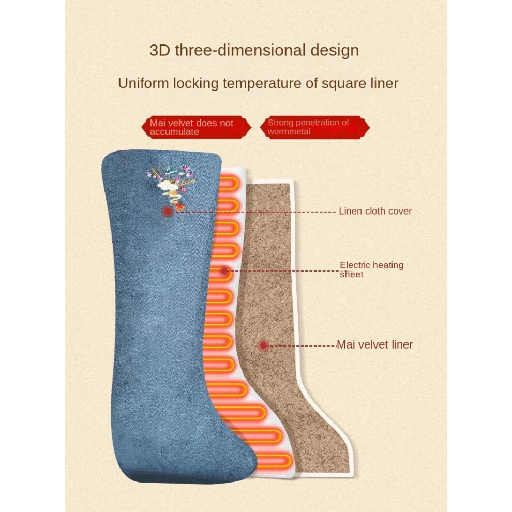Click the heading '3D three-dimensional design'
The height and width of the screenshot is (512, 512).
[x=254, y=50]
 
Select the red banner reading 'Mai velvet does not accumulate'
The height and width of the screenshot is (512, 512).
[x=196, y=127]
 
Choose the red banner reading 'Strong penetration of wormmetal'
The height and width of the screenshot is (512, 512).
[x=315, y=127]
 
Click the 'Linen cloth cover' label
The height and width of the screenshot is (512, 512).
[x=375, y=211]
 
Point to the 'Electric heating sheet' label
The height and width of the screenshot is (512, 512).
[x=372, y=269]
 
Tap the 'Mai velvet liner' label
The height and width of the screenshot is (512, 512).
[x=374, y=344]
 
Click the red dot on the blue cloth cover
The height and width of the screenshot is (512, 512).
[x=168, y=212]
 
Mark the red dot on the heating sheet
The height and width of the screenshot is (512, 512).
[x=224, y=270]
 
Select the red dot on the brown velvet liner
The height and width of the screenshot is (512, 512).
[x=264, y=345]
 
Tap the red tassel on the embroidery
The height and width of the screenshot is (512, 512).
[x=179, y=206]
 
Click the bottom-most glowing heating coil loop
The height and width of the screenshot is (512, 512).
[x=274, y=461]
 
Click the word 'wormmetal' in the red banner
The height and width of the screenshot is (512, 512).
[x=289, y=132]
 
